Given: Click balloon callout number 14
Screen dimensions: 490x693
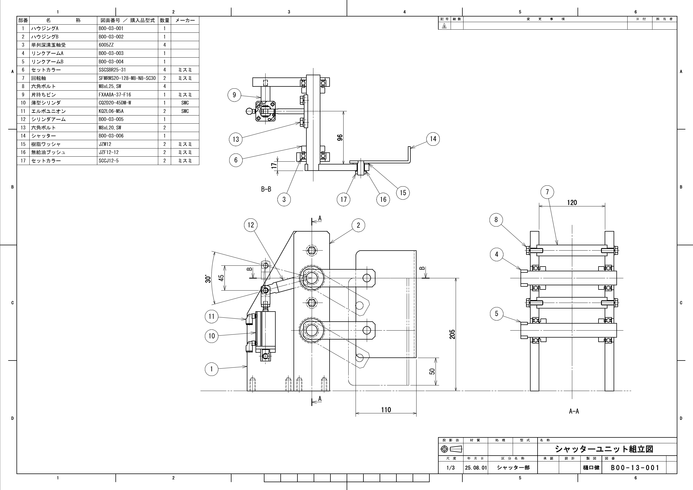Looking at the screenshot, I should (433, 139).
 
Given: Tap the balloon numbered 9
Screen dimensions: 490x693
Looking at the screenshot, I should (234, 95).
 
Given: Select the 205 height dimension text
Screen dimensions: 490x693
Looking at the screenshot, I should (452, 334).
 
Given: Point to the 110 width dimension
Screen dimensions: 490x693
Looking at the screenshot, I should (386, 410).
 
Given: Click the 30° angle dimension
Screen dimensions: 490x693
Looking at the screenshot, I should (208, 278).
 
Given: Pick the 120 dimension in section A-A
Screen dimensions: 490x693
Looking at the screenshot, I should (572, 202).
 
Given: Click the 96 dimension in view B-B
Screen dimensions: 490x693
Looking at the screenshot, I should (340, 137).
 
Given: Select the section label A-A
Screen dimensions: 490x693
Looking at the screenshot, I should (574, 411).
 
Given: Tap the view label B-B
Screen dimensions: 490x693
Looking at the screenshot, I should (266, 189).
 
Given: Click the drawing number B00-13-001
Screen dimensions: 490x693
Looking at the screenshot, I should (635, 468).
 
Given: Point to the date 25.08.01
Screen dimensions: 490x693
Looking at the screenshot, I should (476, 468).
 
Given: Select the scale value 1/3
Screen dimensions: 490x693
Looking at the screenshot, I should (450, 468).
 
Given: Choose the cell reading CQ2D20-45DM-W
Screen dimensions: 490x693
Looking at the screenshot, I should (115, 103).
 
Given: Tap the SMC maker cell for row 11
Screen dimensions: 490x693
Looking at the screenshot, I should (185, 111).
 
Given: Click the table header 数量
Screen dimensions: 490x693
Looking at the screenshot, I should (164, 20).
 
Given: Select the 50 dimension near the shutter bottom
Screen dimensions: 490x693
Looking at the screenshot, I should (432, 371).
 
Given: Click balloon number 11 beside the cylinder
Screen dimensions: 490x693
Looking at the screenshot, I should (212, 316).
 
